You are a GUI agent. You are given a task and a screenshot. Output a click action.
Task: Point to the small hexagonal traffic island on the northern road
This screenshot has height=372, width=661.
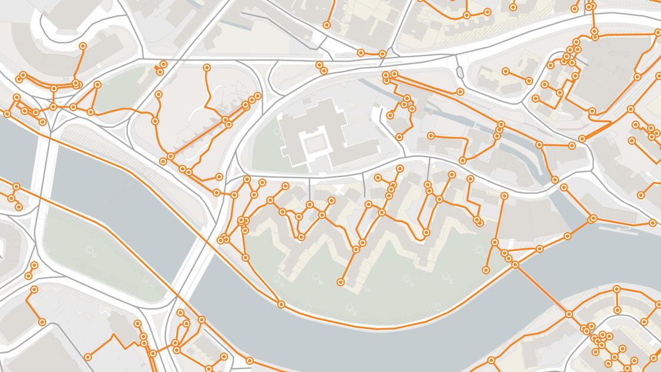click(x=460, y=72)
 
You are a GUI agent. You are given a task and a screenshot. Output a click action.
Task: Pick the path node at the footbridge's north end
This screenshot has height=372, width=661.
click(x=515, y=265)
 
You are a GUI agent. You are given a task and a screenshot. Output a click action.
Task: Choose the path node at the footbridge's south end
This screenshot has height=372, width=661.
click(x=569, y=314)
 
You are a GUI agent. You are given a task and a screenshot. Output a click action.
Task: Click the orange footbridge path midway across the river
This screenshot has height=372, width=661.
click(x=542, y=289)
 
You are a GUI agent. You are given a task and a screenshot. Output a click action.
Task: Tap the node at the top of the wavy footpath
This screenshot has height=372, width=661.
click(x=207, y=68)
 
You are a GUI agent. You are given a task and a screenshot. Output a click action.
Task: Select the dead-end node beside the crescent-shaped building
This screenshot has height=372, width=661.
click(x=83, y=45)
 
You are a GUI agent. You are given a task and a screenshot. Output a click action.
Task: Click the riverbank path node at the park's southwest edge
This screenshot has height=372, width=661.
click(x=282, y=305)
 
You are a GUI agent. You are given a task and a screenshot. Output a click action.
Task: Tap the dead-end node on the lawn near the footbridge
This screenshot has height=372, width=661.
click(x=486, y=270)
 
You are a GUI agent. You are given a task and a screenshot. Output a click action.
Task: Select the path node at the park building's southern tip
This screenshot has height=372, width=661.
click(x=341, y=283)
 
